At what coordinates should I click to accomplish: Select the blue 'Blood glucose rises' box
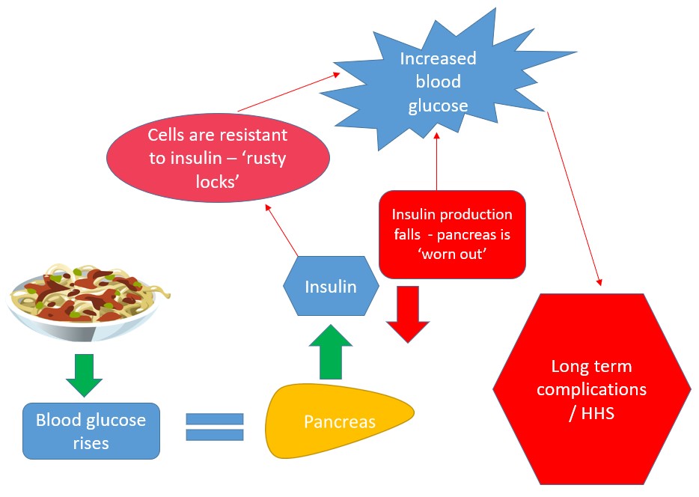pos(91,430)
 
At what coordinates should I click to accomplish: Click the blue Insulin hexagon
pos(330,286)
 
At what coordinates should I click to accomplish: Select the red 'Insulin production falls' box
pos(452,234)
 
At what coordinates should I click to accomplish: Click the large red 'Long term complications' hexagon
pos(591,388)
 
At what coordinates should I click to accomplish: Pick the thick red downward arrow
pos(408,312)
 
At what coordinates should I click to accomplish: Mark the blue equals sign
pos(215,428)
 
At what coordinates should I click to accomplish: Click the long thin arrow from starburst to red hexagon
pos(575,198)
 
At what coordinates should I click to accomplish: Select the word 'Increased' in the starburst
pos(438,59)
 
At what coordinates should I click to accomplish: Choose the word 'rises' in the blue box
pos(91,443)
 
